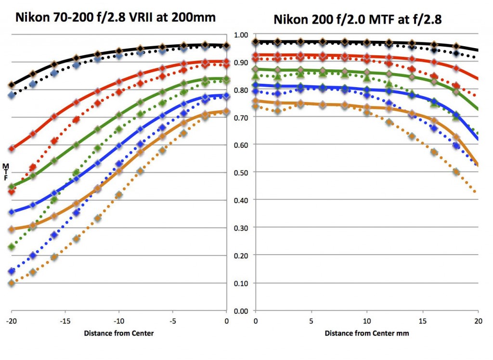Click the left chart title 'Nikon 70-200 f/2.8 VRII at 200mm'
coord(116,18)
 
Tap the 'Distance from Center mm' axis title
coord(366,333)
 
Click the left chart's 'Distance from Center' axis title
coord(119,333)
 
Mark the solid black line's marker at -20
coord(12,85)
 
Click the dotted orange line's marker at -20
coord(12,283)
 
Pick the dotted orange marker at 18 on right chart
coord(456,172)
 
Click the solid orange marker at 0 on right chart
coord(256,102)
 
